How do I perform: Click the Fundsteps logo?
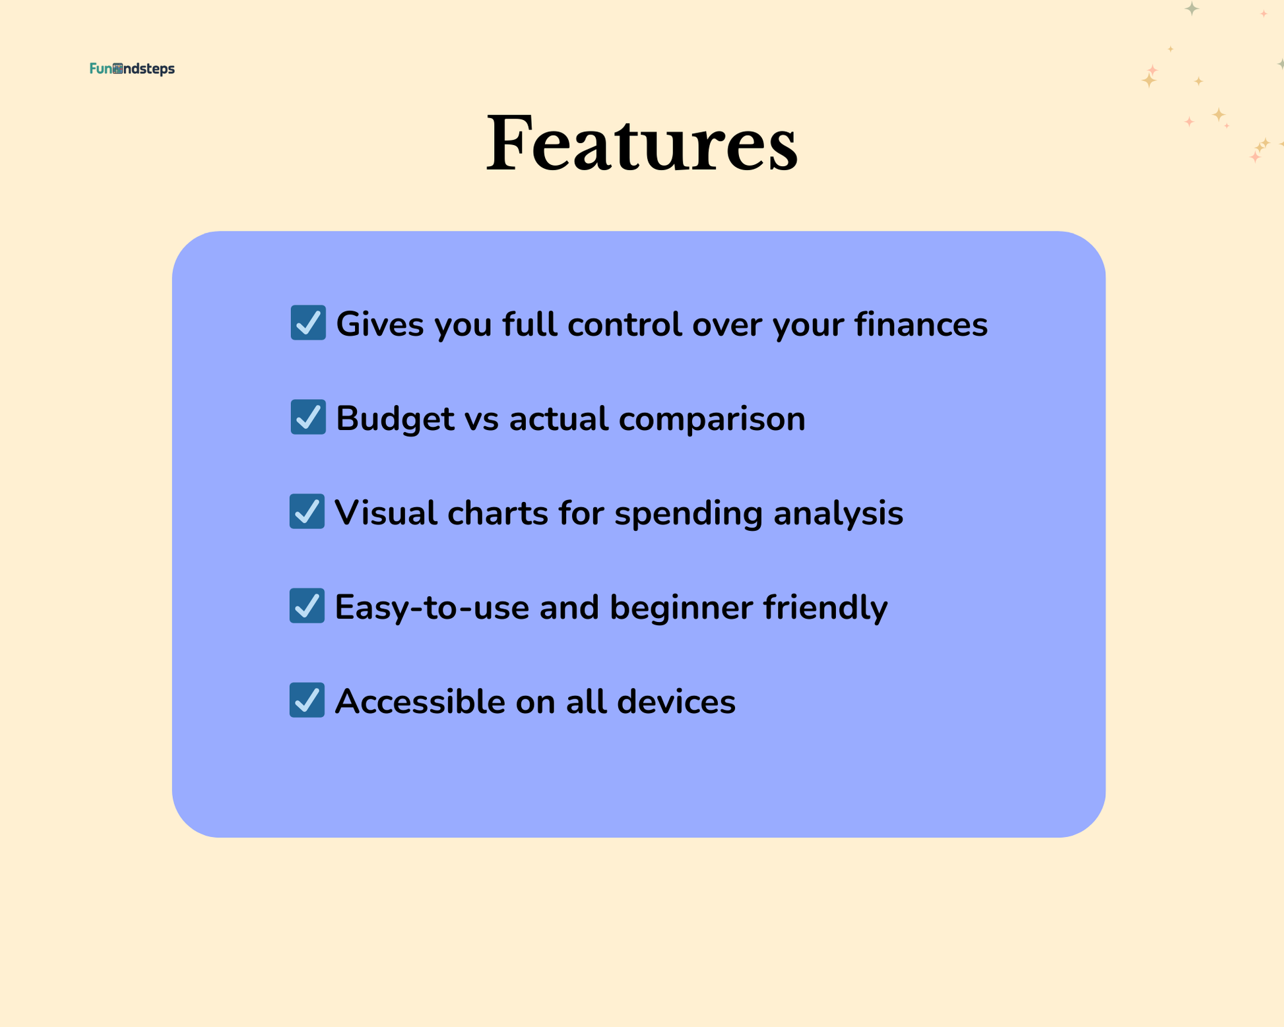pos(132,69)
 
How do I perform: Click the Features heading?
pos(642,143)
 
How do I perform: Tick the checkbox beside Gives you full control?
pos(308,323)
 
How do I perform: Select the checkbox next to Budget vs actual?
pos(308,417)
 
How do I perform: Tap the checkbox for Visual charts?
pos(307,511)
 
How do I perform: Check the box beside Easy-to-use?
pos(307,606)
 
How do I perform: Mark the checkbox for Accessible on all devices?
pos(307,700)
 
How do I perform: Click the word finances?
pos(921,324)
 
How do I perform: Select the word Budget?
pos(395,420)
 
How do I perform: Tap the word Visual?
pos(386,513)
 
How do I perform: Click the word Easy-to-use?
pos(432,608)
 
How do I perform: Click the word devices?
pos(676,701)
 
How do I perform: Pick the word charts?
pos(498,513)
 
